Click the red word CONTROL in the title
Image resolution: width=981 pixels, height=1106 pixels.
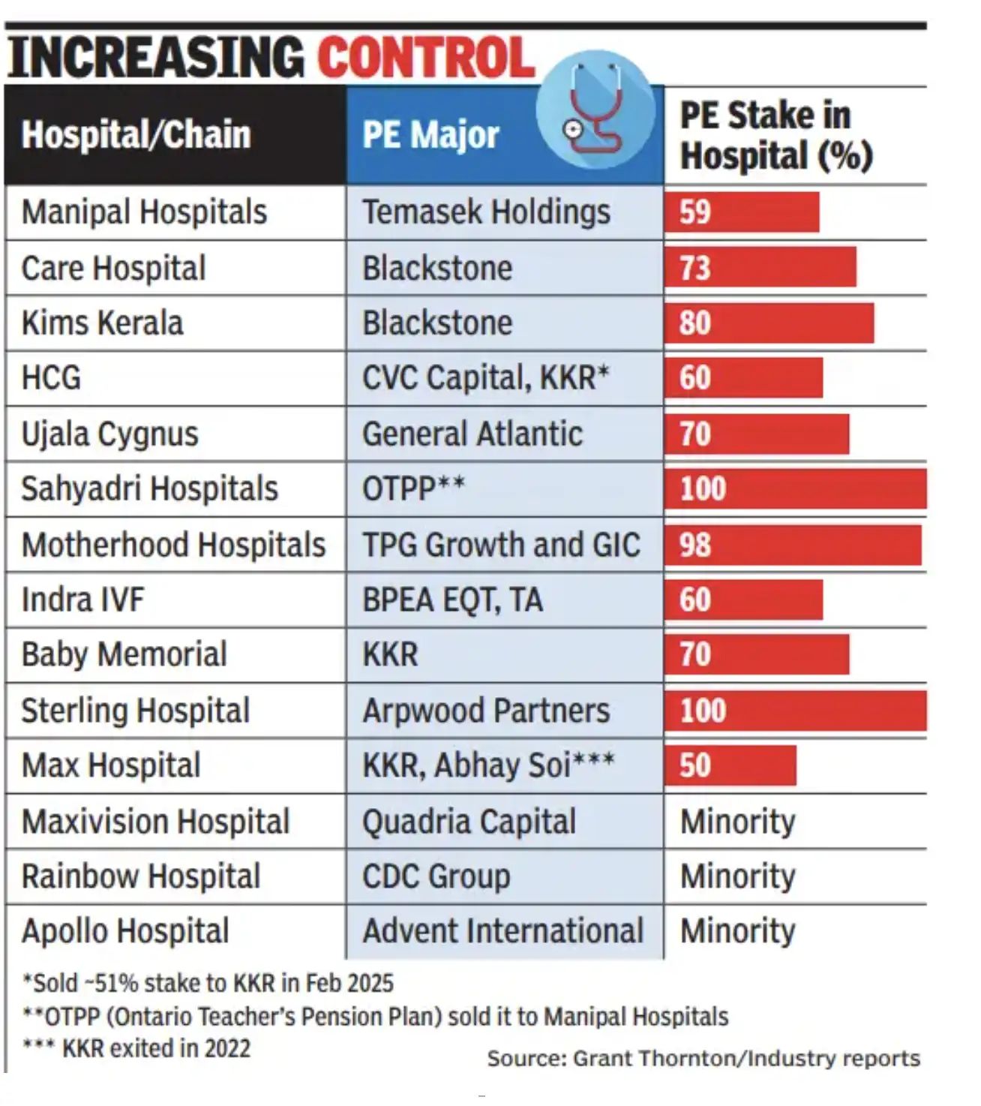pos(426,58)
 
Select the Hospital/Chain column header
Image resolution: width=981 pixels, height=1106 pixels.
pos(136,135)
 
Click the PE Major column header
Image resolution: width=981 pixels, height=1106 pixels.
pos(430,135)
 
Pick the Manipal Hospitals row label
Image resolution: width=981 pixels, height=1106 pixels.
pos(144,212)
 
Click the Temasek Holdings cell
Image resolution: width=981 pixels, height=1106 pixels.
pos(486,212)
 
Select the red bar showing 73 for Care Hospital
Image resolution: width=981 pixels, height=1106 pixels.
pos(760,268)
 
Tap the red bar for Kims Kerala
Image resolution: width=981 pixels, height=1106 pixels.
pos(769,323)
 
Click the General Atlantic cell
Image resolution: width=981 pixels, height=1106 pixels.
pos(472,434)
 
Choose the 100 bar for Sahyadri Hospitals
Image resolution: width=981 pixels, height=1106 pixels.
pos(795,489)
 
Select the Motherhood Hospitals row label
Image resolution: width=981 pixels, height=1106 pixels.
pos(173,545)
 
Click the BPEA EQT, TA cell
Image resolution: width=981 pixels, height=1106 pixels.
pos(452,600)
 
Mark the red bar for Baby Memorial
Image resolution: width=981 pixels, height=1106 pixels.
pos(757,654)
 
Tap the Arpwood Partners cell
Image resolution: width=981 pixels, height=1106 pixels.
pos(486,711)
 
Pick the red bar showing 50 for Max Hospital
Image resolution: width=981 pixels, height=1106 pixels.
pos(730,765)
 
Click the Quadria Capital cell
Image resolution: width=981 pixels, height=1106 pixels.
pos(469,822)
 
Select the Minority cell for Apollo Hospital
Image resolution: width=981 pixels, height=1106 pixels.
pos(737,931)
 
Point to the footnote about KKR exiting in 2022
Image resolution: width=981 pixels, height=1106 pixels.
pos(136,1048)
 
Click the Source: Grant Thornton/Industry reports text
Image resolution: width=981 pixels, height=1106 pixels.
pos(703,1058)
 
